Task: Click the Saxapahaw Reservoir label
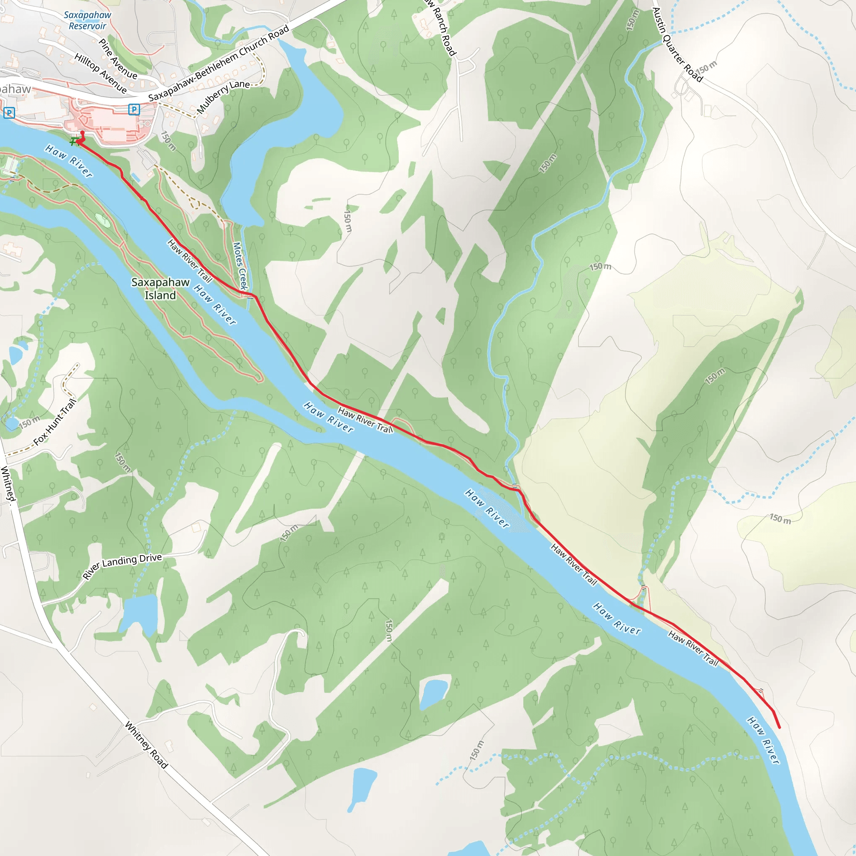point(87,20)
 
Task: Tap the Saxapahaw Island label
point(160,288)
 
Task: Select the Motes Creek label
point(240,266)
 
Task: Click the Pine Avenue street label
point(117,59)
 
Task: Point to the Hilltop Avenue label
point(101,74)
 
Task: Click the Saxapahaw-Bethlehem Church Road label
point(219,63)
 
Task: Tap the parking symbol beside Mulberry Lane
point(134,109)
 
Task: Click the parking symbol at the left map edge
point(9,112)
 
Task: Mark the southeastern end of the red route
point(780,727)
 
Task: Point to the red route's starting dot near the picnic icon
point(82,132)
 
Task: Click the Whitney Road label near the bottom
point(146,745)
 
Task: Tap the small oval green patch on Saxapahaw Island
point(102,220)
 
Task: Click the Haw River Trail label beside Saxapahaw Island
point(190,260)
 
